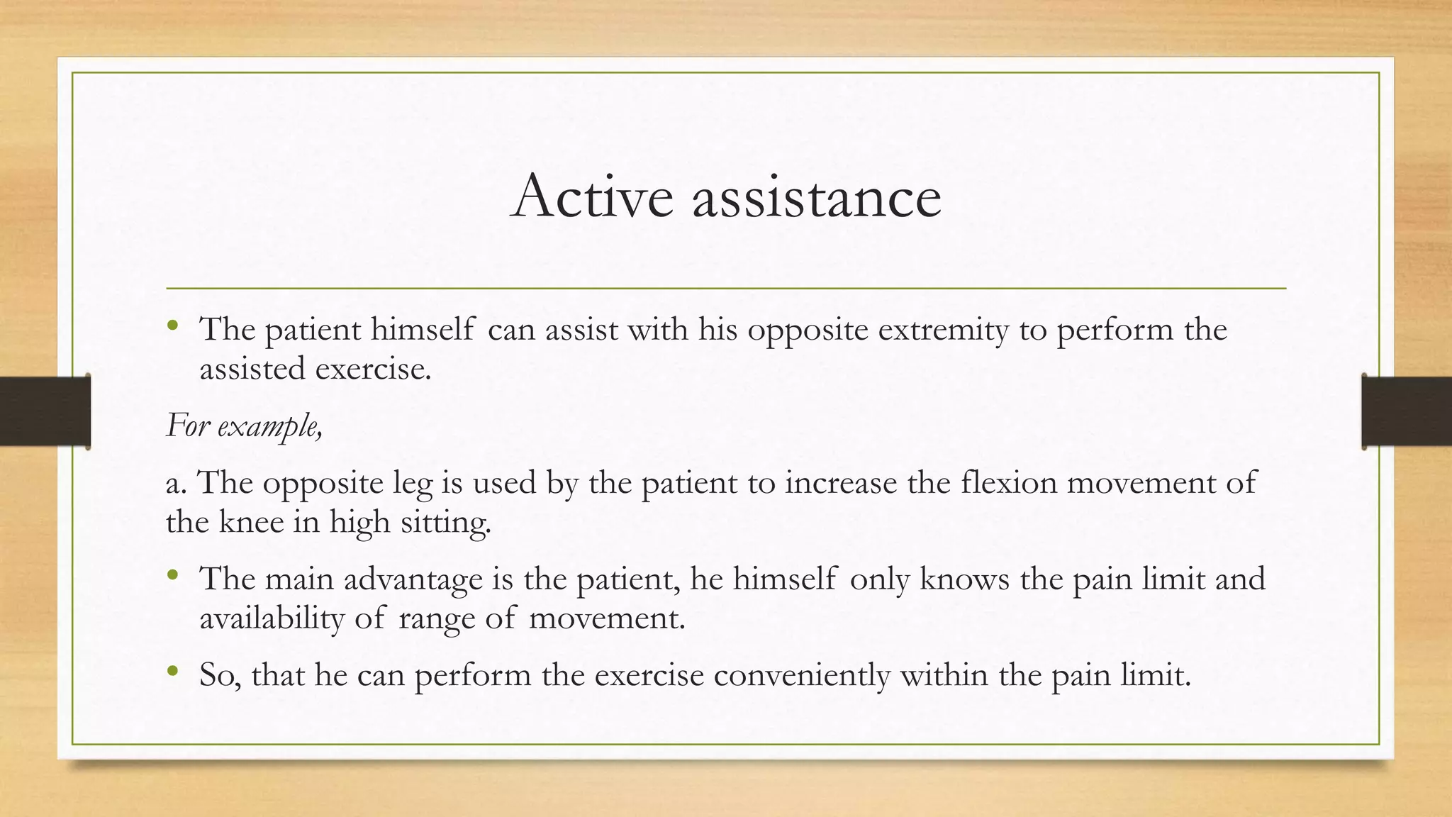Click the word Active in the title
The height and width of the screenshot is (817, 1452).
tap(591, 196)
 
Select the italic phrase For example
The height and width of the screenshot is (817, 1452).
tap(244, 426)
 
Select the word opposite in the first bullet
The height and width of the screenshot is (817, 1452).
tap(808, 329)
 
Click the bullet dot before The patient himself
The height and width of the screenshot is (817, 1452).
tap(172, 327)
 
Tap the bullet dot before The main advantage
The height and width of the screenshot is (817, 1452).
tap(172, 577)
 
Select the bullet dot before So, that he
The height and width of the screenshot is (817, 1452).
tap(172, 671)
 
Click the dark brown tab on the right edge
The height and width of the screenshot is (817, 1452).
tap(1407, 411)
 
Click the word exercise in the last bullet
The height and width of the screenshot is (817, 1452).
tap(649, 674)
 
